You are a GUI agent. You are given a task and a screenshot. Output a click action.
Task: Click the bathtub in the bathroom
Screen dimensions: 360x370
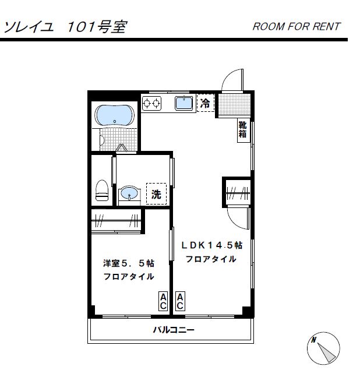[114, 115]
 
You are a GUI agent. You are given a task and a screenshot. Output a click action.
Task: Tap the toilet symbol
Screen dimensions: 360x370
[102, 190]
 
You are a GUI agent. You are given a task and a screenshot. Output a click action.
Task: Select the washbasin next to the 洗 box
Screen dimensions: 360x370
[129, 193]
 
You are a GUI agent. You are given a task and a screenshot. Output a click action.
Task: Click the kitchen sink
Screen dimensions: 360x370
[183, 103]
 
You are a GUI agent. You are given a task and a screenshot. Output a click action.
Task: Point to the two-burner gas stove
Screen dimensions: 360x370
[151, 103]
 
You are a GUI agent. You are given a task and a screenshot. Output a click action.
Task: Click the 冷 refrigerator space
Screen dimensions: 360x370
[206, 103]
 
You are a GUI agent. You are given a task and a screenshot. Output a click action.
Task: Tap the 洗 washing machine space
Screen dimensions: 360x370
[156, 193]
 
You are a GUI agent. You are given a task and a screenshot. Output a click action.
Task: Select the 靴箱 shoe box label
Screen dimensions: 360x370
[243, 129]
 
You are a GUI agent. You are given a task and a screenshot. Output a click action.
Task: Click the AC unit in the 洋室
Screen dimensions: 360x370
[163, 301]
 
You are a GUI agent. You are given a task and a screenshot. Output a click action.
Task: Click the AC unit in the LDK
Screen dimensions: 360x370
[180, 301]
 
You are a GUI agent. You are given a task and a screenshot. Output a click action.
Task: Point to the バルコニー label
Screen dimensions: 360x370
[174, 330]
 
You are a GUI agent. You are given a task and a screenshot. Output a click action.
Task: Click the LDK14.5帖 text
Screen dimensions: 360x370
[211, 245]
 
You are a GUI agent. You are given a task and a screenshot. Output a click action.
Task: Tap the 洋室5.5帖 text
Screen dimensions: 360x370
[129, 263]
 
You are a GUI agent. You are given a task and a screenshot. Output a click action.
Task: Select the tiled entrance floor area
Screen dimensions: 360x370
[234, 104]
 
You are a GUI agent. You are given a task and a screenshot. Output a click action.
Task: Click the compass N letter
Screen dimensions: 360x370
[314, 340]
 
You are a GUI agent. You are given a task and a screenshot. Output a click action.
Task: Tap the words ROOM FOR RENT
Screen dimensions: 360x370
[297, 26]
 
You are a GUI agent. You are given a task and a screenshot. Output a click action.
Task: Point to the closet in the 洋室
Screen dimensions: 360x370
[116, 221]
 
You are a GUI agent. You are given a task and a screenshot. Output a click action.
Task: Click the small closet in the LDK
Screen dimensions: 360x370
[238, 193]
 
